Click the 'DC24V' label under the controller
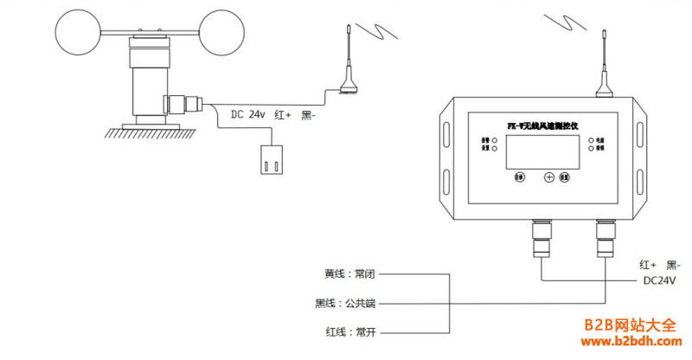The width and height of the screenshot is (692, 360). (x=658, y=280)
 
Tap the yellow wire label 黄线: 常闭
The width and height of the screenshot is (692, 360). (x=351, y=273)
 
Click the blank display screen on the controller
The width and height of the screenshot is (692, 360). (x=541, y=151)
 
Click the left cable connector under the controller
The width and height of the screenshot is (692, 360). (x=541, y=238)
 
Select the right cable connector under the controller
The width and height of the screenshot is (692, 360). (x=603, y=238)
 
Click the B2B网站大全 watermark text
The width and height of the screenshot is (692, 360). (x=629, y=325)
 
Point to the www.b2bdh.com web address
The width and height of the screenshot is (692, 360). (x=629, y=343)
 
